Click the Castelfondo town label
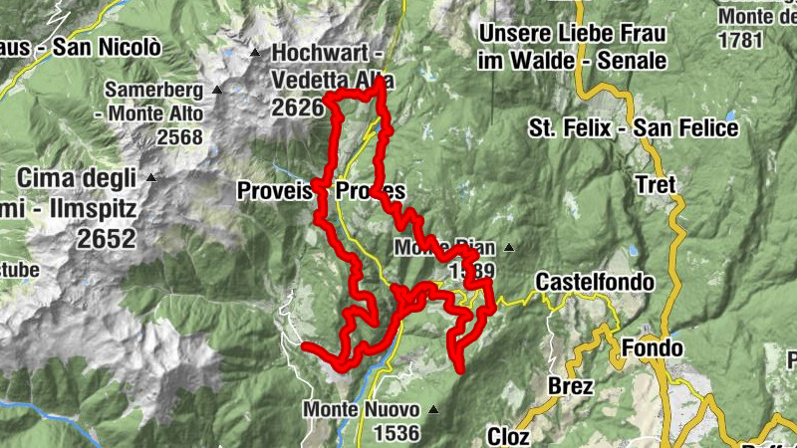point(595,283)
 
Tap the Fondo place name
point(653,348)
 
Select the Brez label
point(571,385)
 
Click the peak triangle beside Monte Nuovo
point(434,408)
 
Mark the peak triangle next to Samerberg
point(216,90)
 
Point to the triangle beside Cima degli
point(151,178)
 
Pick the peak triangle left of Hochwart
point(255,53)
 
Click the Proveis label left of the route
point(275,191)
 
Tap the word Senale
point(631,61)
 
